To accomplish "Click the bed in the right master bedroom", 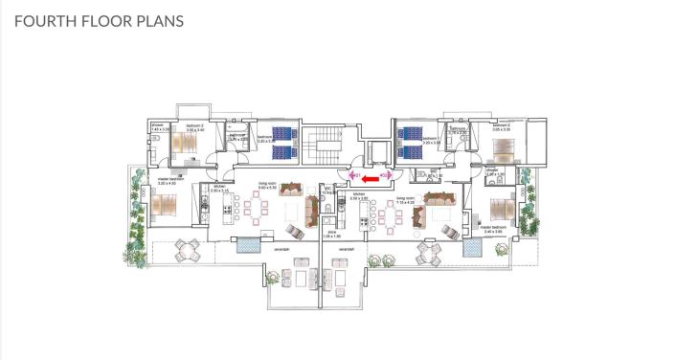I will click(500, 207).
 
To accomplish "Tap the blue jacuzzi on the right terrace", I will click(471, 248).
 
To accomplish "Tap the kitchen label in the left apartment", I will click(219, 189).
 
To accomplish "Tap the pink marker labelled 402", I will click(384, 175).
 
